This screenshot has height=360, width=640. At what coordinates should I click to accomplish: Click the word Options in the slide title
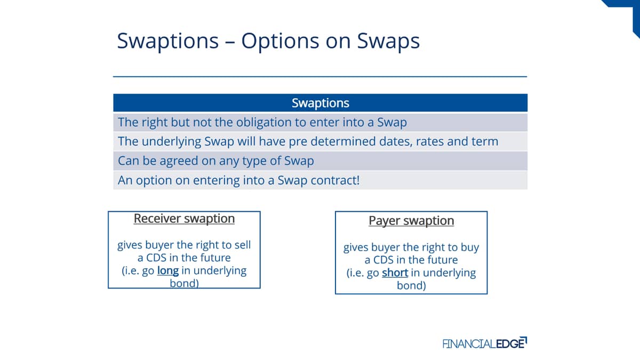pyautogui.click(x=281, y=41)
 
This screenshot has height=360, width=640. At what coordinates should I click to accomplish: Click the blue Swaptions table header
pyautogui.click(x=321, y=102)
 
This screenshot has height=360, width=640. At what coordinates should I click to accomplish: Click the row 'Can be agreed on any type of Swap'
pyautogui.click(x=321, y=161)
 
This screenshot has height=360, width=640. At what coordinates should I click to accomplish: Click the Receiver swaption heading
pyautogui.click(x=185, y=219)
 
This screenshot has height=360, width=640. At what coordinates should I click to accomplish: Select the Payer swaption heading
pyautogui.click(x=411, y=221)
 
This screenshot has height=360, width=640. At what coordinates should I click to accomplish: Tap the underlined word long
pyautogui.click(x=168, y=270)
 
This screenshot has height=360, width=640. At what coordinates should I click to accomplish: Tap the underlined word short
pyautogui.click(x=395, y=273)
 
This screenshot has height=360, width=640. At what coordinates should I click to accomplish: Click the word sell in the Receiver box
pyautogui.click(x=243, y=245)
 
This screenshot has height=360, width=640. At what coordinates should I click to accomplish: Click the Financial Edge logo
pyautogui.click(x=485, y=343)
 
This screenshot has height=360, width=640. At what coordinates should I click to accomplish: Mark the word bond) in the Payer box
pyautogui.click(x=411, y=285)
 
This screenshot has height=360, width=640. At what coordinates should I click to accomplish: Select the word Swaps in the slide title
pyautogui.click(x=388, y=42)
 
